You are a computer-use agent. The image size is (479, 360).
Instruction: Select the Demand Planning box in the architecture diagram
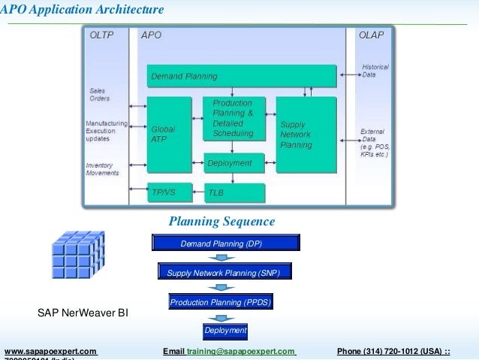pyautogui.click(x=241, y=76)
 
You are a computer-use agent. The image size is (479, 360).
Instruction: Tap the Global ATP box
pyautogui.click(x=169, y=135)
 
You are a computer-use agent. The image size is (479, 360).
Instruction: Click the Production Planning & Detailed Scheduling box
pyautogui.click(x=234, y=119)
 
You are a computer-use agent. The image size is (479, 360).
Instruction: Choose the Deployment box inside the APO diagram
pyautogui.click(x=234, y=162)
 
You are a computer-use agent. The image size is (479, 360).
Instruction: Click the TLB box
pyautogui.click(x=234, y=192)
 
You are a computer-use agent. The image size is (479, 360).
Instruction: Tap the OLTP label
pyautogui.click(x=103, y=35)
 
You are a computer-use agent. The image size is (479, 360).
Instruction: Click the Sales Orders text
pyautogui.click(x=99, y=95)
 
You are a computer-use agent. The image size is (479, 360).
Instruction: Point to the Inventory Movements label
pyautogui.click(x=102, y=169)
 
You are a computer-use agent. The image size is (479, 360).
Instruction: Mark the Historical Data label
pyautogui.click(x=375, y=71)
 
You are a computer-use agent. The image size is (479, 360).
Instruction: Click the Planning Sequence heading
pyautogui.click(x=221, y=222)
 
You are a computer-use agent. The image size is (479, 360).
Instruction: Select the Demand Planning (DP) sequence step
pyautogui.click(x=221, y=244)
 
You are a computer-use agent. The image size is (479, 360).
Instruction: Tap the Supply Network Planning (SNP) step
pyautogui.click(x=225, y=273)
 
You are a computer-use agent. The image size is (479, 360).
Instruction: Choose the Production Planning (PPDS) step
pyautogui.click(x=220, y=302)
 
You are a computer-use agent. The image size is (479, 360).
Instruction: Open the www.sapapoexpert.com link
pyautogui.click(x=51, y=351)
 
